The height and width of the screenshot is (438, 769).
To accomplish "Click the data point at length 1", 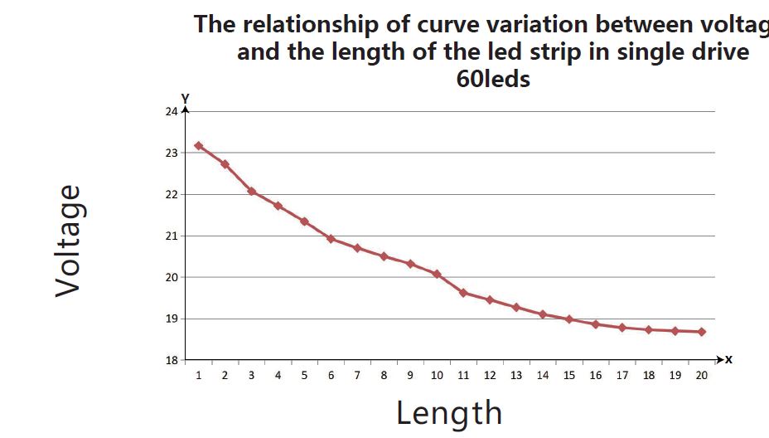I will (199, 146).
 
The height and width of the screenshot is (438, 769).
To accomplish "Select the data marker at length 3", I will (251, 192).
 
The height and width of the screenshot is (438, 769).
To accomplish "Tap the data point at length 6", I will (331, 239).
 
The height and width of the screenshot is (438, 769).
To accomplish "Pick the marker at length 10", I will (437, 274).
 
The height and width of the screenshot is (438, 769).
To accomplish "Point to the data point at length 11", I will (463, 293).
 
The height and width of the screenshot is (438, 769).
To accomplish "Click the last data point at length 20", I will (702, 332).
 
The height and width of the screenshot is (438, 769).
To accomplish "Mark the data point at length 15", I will (569, 319).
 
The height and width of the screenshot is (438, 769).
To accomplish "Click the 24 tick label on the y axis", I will (172, 111).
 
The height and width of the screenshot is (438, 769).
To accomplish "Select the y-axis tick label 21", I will (172, 236).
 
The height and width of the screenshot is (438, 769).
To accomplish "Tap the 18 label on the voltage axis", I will (172, 360).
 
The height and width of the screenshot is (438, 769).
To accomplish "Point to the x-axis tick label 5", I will (304, 376).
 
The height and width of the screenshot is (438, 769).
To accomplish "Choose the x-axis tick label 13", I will (516, 376).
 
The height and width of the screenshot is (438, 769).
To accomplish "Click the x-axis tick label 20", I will (702, 376).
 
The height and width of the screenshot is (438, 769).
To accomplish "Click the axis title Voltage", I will (69, 241).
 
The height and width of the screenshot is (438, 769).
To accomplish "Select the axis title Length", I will (449, 412).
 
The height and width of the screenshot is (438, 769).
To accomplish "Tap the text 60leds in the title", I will (493, 80).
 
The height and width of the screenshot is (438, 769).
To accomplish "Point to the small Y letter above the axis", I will (186, 99).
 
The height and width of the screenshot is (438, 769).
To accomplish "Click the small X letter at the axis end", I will (729, 360).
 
